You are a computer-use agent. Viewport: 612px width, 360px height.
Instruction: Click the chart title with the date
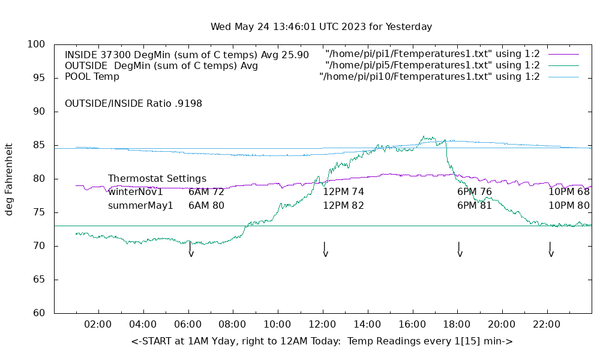[x=321, y=27]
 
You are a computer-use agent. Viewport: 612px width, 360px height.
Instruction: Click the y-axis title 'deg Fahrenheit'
[x=9, y=179]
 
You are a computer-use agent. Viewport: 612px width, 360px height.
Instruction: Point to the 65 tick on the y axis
[x=40, y=280]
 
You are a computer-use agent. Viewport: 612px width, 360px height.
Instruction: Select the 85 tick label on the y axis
[x=40, y=145]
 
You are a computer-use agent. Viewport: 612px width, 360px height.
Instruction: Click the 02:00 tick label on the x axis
[x=98, y=325]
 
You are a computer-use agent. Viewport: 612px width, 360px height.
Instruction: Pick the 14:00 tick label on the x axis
[x=367, y=325]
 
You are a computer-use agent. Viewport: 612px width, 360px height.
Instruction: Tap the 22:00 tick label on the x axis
[x=547, y=325]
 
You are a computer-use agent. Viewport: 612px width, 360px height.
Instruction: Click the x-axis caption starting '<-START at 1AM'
[x=322, y=341]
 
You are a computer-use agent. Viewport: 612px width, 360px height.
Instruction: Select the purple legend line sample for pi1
[x=563, y=55]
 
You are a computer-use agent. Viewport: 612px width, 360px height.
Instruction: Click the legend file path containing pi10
[x=430, y=77]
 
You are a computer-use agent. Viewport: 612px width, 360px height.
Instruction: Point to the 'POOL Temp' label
[x=92, y=77]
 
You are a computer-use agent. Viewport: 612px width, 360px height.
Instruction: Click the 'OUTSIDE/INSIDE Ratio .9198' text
[x=133, y=103]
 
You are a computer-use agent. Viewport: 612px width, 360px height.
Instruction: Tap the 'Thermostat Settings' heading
[x=157, y=179]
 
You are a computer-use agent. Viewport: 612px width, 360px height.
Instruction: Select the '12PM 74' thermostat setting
[x=343, y=192]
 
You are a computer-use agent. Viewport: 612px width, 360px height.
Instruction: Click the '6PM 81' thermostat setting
[x=474, y=205]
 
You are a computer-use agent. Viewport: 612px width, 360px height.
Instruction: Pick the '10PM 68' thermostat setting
[x=569, y=192]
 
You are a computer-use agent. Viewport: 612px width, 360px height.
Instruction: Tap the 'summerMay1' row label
[x=140, y=205]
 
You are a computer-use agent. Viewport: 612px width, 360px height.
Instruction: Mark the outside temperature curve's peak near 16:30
[x=424, y=136]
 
